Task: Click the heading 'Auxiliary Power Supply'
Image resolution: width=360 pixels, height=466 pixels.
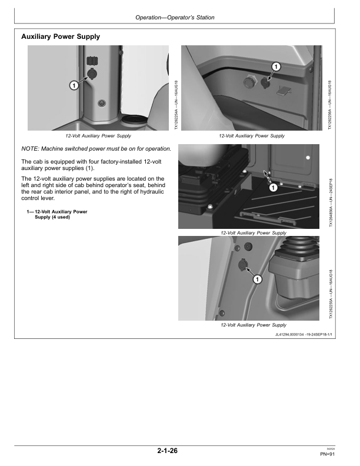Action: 60,36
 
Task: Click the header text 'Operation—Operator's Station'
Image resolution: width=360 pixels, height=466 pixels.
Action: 175,18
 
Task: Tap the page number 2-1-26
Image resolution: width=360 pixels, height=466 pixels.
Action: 168,451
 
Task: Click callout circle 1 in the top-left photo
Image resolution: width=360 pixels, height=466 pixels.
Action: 74,85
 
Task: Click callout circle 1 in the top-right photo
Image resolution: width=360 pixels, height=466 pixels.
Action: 276,66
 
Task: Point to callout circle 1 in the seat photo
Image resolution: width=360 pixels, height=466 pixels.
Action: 273,188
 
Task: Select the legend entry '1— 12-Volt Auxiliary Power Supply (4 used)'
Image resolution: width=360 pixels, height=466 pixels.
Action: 61,214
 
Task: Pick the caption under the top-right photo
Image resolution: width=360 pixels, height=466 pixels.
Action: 251,136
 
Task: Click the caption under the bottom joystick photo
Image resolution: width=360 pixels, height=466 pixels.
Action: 253,325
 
